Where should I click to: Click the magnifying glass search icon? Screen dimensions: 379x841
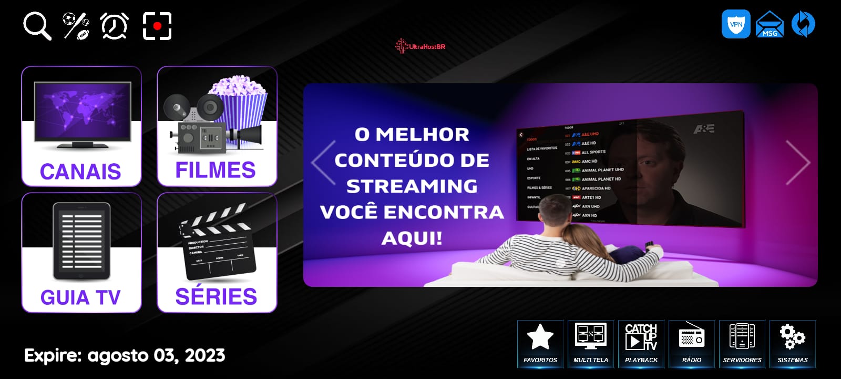click(x=37, y=26)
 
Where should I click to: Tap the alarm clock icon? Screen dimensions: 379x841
click(x=115, y=26)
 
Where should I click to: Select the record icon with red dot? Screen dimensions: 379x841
click(x=157, y=26)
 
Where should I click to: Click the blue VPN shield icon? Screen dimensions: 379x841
click(x=736, y=24)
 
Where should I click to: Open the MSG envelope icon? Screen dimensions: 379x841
click(x=770, y=25)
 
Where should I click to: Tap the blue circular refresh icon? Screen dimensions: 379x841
click(x=803, y=24)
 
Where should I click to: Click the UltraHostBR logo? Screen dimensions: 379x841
click(x=420, y=46)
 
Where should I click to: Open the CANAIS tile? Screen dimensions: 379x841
click(x=81, y=126)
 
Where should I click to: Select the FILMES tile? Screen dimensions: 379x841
click(x=217, y=126)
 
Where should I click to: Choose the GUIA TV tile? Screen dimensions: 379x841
click(x=81, y=253)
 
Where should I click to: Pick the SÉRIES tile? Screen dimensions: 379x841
click(x=217, y=253)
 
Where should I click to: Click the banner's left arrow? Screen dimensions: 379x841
click(x=323, y=163)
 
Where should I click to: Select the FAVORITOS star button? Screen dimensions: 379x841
click(x=540, y=344)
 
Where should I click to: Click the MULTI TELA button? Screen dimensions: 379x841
click(x=591, y=344)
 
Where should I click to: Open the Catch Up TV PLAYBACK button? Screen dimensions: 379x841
click(x=641, y=344)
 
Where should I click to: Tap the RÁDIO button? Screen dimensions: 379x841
click(x=692, y=344)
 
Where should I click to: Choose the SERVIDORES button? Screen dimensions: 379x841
click(x=742, y=344)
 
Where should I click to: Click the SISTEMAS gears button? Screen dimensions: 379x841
click(x=793, y=344)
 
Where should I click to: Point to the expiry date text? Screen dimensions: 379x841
click(x=125, y=356)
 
